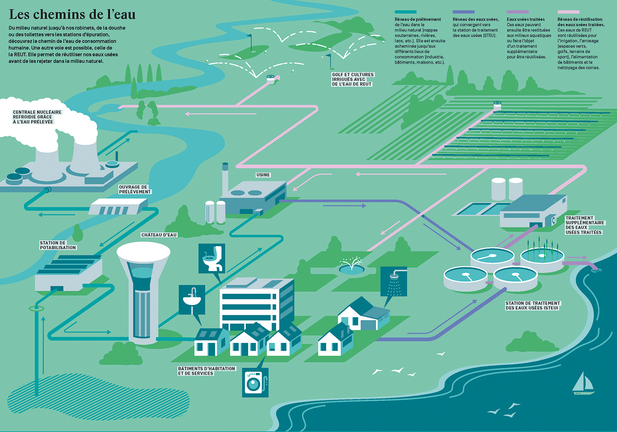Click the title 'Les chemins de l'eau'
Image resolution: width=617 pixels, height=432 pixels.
pos(72,14)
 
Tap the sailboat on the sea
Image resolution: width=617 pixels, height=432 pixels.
pos(583,384)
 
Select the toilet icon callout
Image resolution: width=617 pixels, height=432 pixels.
pos(212,258)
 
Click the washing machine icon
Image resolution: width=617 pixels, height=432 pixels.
pos(255,382)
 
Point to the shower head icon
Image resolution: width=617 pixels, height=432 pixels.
pos(394,281)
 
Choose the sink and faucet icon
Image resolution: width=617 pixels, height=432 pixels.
pos(192,299)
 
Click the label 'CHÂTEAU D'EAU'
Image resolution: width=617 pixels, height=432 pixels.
pos(159,235)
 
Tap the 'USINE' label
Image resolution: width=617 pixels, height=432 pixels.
pos(263,175)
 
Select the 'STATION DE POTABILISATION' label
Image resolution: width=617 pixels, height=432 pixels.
pos(58,245)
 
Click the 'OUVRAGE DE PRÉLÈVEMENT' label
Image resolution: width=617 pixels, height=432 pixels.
pos(135,190)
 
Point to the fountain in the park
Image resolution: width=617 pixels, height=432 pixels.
pos(351,267)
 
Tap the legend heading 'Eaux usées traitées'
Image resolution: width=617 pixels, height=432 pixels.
pos(525,19)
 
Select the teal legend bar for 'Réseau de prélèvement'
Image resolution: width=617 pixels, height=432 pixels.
pos(406,12)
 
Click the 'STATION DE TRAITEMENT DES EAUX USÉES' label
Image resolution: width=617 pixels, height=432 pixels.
pos(533,305)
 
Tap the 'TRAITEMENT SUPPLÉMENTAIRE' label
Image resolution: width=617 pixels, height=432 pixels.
pos(584,225)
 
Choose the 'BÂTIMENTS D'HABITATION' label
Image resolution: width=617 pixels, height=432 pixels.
pos(207,371)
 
